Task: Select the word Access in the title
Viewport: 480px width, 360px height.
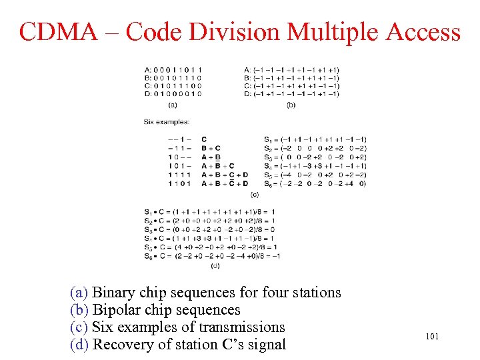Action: coord(419,31)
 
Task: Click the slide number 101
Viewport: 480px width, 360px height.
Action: coord(432,337)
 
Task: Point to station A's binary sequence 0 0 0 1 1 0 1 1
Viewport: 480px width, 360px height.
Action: coord(177,70)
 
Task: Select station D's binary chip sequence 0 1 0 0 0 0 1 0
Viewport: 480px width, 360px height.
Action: coord(177,94)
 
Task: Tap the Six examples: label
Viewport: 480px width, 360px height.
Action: coord(166,121)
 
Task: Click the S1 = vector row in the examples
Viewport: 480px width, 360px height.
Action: coord(315,139)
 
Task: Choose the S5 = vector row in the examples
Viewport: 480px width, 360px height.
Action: coord(315,174)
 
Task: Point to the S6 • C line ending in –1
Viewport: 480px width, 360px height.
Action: coord(211,256)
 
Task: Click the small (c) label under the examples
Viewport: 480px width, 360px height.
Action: coord(255,194)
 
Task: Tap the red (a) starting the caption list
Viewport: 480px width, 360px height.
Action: coord(79,293)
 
